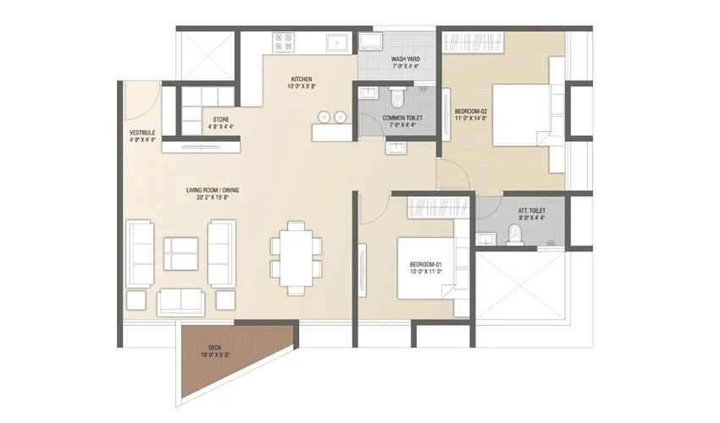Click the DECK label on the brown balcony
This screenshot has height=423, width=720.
click(x=213, y=350)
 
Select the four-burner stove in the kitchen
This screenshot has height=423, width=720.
click(x=281, y=41)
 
